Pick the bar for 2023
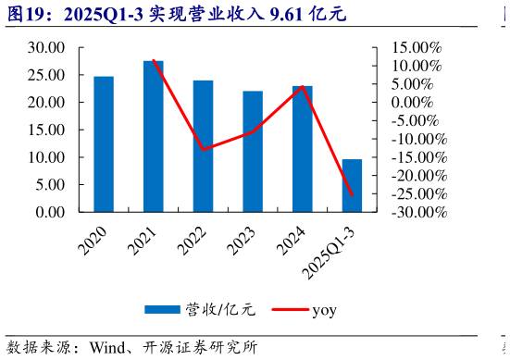(253, 152)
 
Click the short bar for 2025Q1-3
(352, 186)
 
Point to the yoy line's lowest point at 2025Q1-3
(352, 194)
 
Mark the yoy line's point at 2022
(203, 149)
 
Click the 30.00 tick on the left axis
(46, 47)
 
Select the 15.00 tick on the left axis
(46, 130)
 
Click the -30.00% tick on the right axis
(417, 212)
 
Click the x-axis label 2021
(143, 240)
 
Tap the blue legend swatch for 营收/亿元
(163, 309)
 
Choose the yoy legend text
(324, 309)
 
